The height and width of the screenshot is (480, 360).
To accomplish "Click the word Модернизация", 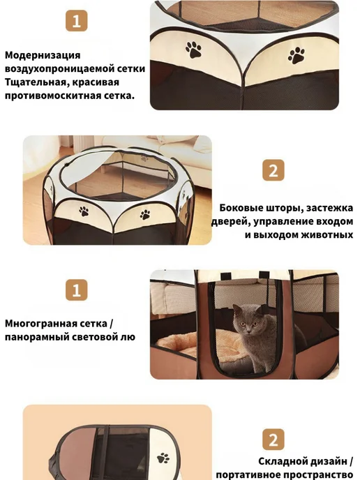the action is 43,56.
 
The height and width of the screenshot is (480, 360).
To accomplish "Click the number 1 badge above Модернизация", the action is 77,21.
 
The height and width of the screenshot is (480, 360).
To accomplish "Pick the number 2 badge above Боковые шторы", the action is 273,170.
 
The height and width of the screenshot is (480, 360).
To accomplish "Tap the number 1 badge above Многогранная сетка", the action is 77,290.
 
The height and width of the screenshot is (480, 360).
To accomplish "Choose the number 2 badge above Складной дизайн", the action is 273,440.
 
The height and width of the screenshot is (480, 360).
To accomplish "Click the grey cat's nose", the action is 248,330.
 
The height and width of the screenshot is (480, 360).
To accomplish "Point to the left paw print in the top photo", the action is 193,50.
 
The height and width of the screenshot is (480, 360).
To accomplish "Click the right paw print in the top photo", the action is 296,55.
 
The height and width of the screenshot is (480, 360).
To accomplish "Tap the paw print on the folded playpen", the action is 163,458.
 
